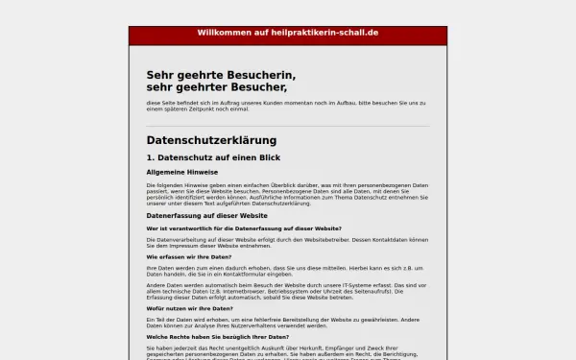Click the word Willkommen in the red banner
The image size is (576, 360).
(x=223, y=33)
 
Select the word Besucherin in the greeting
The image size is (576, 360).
(x=258, y=75)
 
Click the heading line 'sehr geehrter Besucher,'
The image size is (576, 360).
(x=217, y=87)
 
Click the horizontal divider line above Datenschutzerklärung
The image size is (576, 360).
(x=288, y=126)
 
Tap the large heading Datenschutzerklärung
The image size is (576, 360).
(x=211, y=140)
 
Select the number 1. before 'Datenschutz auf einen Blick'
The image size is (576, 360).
(x=151, y=157)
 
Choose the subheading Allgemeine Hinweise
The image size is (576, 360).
(x=181, y=172)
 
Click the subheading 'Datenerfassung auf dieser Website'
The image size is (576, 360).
(x=206, y=216)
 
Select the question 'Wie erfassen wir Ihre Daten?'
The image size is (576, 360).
(x=189, y=257)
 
